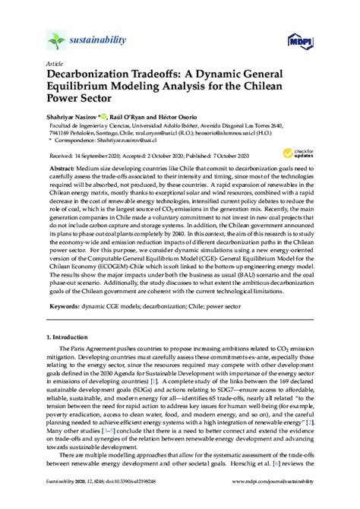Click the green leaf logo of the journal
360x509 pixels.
click(55, 37)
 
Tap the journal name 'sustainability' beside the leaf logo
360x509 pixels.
click(96, 36)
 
